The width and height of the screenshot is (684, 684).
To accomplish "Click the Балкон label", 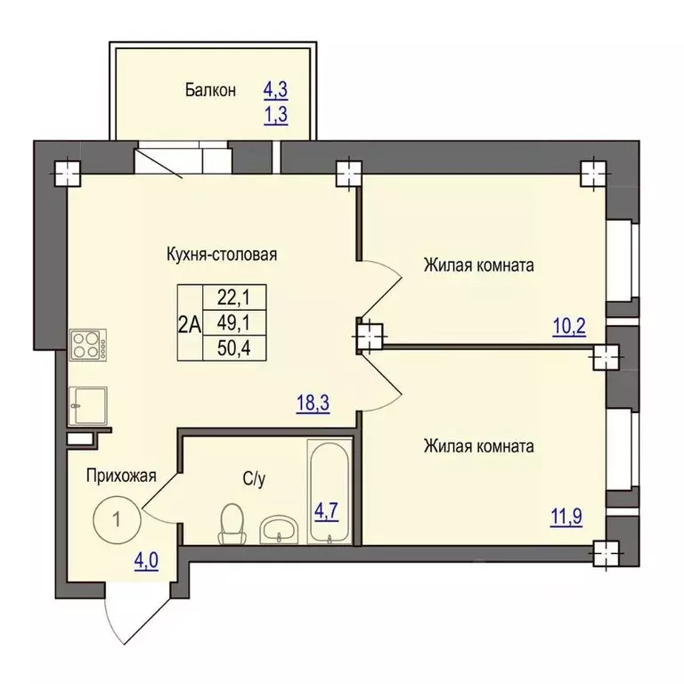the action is pos(210,90).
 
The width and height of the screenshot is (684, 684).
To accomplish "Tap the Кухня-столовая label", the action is pos(222,254).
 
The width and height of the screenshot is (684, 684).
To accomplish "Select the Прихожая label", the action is pos(121,476).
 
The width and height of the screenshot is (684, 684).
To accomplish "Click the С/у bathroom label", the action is pos(254,479).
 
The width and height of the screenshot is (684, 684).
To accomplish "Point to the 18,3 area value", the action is pos(313,403).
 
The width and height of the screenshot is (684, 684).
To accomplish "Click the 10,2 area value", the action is pos(569,326).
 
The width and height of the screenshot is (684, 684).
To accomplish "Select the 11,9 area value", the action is pos(566,517).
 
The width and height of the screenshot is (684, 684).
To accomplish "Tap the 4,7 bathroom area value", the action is pos(326,511).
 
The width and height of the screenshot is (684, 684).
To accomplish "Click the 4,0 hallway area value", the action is pos(146,561).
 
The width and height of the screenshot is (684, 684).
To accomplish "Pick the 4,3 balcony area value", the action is pos(276,90).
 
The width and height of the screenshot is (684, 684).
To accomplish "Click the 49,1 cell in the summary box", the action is pos(234,323).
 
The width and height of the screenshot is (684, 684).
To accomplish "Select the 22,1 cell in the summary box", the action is pos(234,298).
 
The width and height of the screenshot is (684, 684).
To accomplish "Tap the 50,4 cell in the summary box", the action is pos(234,348).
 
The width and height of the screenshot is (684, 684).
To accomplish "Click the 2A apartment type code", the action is pos(190,324).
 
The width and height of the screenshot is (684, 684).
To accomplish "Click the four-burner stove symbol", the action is pos(87,345).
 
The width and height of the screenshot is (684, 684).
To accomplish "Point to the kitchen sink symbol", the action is pos(87,406).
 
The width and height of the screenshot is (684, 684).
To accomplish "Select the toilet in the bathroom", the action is pos(231,524).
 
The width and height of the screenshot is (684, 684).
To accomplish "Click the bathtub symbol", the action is pos(330,492).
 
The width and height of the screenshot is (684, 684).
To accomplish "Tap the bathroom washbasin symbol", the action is pos(279,529).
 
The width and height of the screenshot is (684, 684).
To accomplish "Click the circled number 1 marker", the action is pos(117,519).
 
